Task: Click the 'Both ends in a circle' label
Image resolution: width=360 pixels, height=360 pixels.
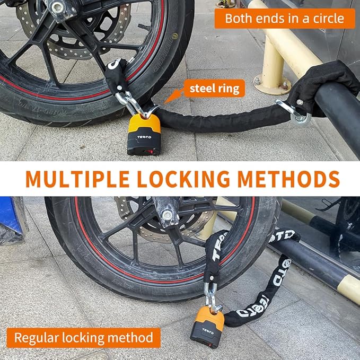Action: (285, 19)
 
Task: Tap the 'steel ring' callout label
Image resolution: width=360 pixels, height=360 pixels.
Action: (214, 88)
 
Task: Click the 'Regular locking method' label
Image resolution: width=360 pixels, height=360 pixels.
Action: (83, 337)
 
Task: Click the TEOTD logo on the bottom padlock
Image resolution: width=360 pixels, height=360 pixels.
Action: (206, 331)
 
